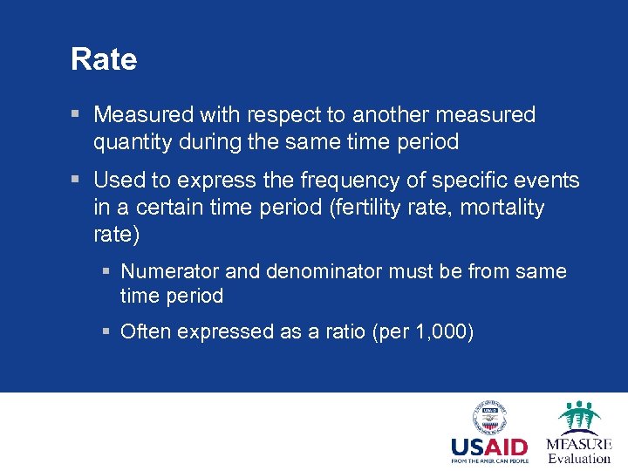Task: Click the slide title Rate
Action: [104, 59]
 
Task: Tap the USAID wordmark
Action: [488, 447]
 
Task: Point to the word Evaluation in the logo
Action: [579, 459]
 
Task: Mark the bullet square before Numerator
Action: [105, 272]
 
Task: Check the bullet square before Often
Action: [105, 332]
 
